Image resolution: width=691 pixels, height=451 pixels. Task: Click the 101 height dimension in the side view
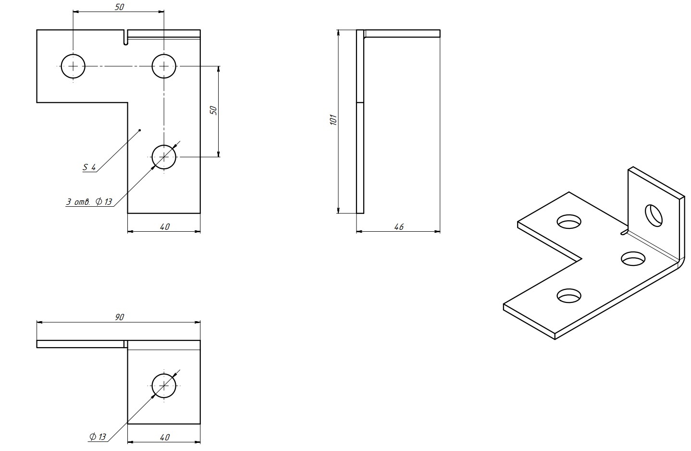tap(333, 119)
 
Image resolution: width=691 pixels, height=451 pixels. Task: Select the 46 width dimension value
tap(398, 226)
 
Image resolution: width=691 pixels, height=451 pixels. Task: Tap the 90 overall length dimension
tap(120, 317)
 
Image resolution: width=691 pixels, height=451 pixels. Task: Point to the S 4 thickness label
tap(89, 167)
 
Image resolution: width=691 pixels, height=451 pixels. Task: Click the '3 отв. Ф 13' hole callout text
tap(89, 202)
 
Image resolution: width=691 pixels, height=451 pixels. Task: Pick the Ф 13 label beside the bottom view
tap(97, 437)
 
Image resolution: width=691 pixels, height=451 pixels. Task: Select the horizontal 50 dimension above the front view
tap(119, 7)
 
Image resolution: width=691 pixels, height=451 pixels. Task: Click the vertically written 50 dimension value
tap(214, 110)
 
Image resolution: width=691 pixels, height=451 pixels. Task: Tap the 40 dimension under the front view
tap(164, 226)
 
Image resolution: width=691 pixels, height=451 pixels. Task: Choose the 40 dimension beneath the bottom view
tap(164, 437)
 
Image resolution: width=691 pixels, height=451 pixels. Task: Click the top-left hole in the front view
tap(73, 66)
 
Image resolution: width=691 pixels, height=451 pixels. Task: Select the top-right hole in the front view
tap(164, 66)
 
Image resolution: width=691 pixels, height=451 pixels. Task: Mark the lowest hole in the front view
tap(164, 157)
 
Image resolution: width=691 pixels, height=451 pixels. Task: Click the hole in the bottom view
tap(164, 385)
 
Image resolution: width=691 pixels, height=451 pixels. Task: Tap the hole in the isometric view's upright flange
tap(654, 215)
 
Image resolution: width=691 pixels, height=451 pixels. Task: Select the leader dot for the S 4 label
tap(140, 130)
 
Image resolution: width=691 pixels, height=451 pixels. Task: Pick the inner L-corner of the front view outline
tap(128, 102)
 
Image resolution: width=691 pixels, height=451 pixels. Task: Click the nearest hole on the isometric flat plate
tap(569, 296)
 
